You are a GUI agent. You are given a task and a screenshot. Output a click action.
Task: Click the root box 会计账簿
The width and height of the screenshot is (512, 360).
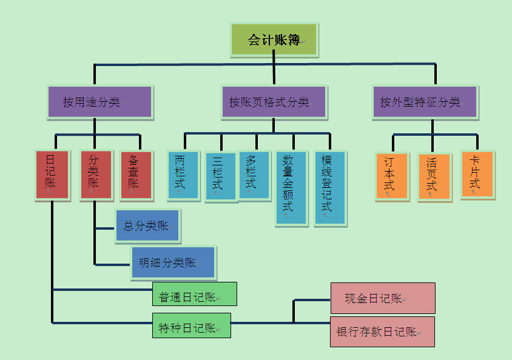point(274,40)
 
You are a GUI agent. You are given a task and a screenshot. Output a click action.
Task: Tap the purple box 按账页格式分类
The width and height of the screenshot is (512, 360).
point(273,102)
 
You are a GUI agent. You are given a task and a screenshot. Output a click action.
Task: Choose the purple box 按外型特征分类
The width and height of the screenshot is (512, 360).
point(425,102)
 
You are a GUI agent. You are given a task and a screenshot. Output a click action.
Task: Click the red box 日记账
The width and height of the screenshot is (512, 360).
point(51,175)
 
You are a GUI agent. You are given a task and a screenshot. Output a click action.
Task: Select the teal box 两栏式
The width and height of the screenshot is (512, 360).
point(183,175)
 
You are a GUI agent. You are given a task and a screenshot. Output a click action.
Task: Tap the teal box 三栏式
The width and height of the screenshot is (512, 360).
point(220,176)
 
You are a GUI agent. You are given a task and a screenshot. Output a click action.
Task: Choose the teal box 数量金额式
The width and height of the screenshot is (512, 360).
point(291,188)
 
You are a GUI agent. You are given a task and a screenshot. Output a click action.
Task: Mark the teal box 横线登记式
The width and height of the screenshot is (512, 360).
point(330,188)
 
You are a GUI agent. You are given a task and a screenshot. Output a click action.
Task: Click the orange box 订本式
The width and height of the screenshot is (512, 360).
point(391,176)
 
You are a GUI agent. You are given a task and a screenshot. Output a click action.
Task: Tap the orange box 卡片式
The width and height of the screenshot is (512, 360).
point(476,175)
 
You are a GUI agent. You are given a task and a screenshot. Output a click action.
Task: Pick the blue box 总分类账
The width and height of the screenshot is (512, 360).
point(147,226)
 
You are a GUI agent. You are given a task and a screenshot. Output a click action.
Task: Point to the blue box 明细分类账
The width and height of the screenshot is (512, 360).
point(173,262)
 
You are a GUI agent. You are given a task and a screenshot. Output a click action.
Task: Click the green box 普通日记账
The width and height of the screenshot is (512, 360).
point(194,295)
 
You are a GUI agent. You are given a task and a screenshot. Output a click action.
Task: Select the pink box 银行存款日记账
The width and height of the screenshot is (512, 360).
point(382,332)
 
